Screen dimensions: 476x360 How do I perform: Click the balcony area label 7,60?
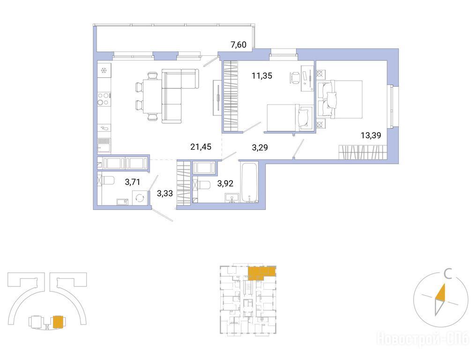coord(238,45)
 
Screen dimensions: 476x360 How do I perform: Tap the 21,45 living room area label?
coord(201,147)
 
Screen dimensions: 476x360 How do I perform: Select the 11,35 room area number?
coord(262,75)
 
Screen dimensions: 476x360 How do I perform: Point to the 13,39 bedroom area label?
coord(371,135)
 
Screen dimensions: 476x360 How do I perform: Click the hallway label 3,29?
coord(260,148)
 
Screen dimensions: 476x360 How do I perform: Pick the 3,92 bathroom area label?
coord(225,183)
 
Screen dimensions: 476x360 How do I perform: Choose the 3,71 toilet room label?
coord(133,182)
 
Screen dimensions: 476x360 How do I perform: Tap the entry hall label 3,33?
coord(165,193)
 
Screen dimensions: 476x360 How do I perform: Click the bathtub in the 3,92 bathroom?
coord(249,182)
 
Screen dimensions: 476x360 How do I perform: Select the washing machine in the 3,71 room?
coord(140,198)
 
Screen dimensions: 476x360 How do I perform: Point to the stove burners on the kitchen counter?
coord(103,99)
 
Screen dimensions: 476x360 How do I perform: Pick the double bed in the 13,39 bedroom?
coord(340,99)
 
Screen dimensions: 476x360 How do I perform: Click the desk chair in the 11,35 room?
coord(294,77)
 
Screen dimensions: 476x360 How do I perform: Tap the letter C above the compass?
coord(447,275)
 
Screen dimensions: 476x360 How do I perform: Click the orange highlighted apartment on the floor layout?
coord(262,272)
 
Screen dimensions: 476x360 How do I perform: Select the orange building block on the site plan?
coord(58,322)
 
